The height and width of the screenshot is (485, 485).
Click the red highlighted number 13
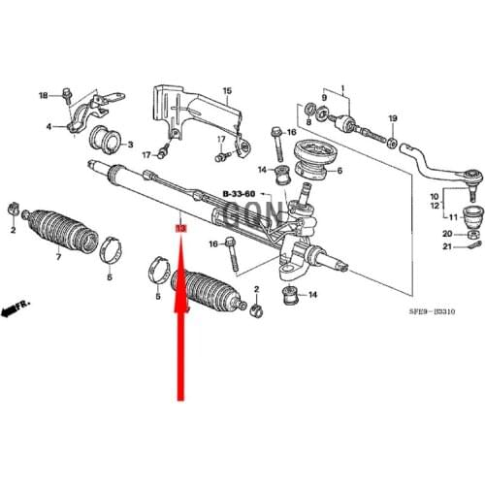click(178, 229)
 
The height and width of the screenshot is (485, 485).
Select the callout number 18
click(42, 95)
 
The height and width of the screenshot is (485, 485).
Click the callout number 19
click(393, 118)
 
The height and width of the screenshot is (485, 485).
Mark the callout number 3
click(131, 145)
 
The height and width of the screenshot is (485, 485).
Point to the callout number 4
click(47, 127)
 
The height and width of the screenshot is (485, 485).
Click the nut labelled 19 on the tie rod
click(392, 144)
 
